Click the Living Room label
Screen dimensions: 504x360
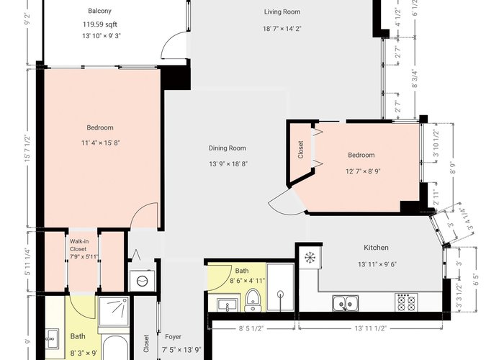click(x=282, y=12)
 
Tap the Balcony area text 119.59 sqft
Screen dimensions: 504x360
click(x=100, y=24)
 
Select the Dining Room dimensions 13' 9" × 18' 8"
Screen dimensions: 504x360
click(x=228, y=164)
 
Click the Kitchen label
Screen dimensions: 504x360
click(x=376, y=248)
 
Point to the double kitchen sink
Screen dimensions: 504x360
click(x=346, y=303)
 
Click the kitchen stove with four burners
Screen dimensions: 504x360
click(x=406, y=302)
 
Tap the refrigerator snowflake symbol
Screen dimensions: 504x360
click(x=310, y=257)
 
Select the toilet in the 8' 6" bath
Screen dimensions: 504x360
click(x=253, y=300)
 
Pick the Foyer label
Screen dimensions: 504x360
click(x=174, y=337)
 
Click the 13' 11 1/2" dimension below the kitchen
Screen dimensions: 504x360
click(x=371, y=328)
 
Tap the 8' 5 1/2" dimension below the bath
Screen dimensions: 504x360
click(x=251, y=328)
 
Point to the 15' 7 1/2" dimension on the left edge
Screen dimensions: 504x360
click(x=29, y=149)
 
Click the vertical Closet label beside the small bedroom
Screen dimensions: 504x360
click(x=301, y=150)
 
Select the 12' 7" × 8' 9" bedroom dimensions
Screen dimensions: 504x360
click(x=363, y=171)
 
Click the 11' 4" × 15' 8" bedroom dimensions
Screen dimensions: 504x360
click(x=101, y=143)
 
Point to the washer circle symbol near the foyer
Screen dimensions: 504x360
click(x=142, y=282)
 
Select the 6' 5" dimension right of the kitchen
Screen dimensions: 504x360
click(x=477, y=279)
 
